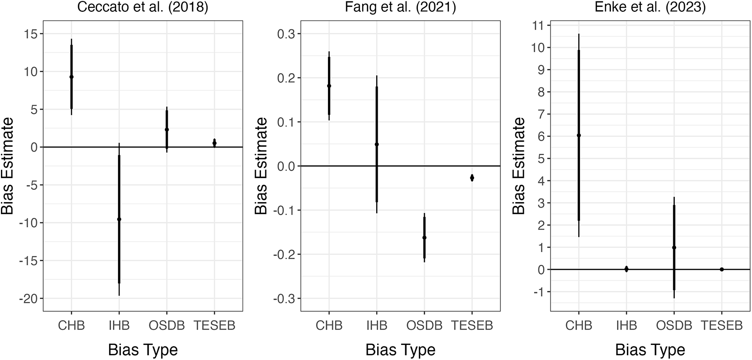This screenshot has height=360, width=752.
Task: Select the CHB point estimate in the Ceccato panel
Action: pyautogui.click(x=71, y=77)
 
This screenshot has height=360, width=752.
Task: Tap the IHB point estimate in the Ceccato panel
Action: pyautogui.click(x=119, y=219)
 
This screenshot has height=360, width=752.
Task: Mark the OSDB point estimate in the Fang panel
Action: pyautogui.click(x=424, y=238)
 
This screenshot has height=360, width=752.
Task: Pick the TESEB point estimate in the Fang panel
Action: pyautogui.click(x=472, y=178)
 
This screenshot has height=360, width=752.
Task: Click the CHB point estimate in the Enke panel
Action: pyautogui.click(x=579, y=135)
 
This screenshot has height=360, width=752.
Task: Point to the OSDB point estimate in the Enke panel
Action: pyautogui.click(x=674, y=247)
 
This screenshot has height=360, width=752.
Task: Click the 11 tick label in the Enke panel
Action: pyautogui.click(x=540, y=25)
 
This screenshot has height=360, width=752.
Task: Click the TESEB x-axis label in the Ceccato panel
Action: pyautogui.click(x=214, y=325)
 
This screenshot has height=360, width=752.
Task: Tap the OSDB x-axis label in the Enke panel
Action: pyautogui.click(x=674, y=325)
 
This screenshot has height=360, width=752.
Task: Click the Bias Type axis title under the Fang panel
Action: pyautogui.click(x=400, y=350)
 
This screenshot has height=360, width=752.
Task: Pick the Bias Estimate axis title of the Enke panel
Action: pyautogui.click(x=519, y=166)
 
